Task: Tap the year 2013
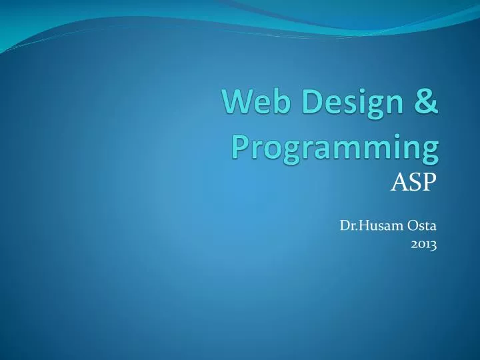pos(423,245)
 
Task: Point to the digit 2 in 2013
pos(414,245)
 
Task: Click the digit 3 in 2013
pos(433,246)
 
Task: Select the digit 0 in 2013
pos(421,245)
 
